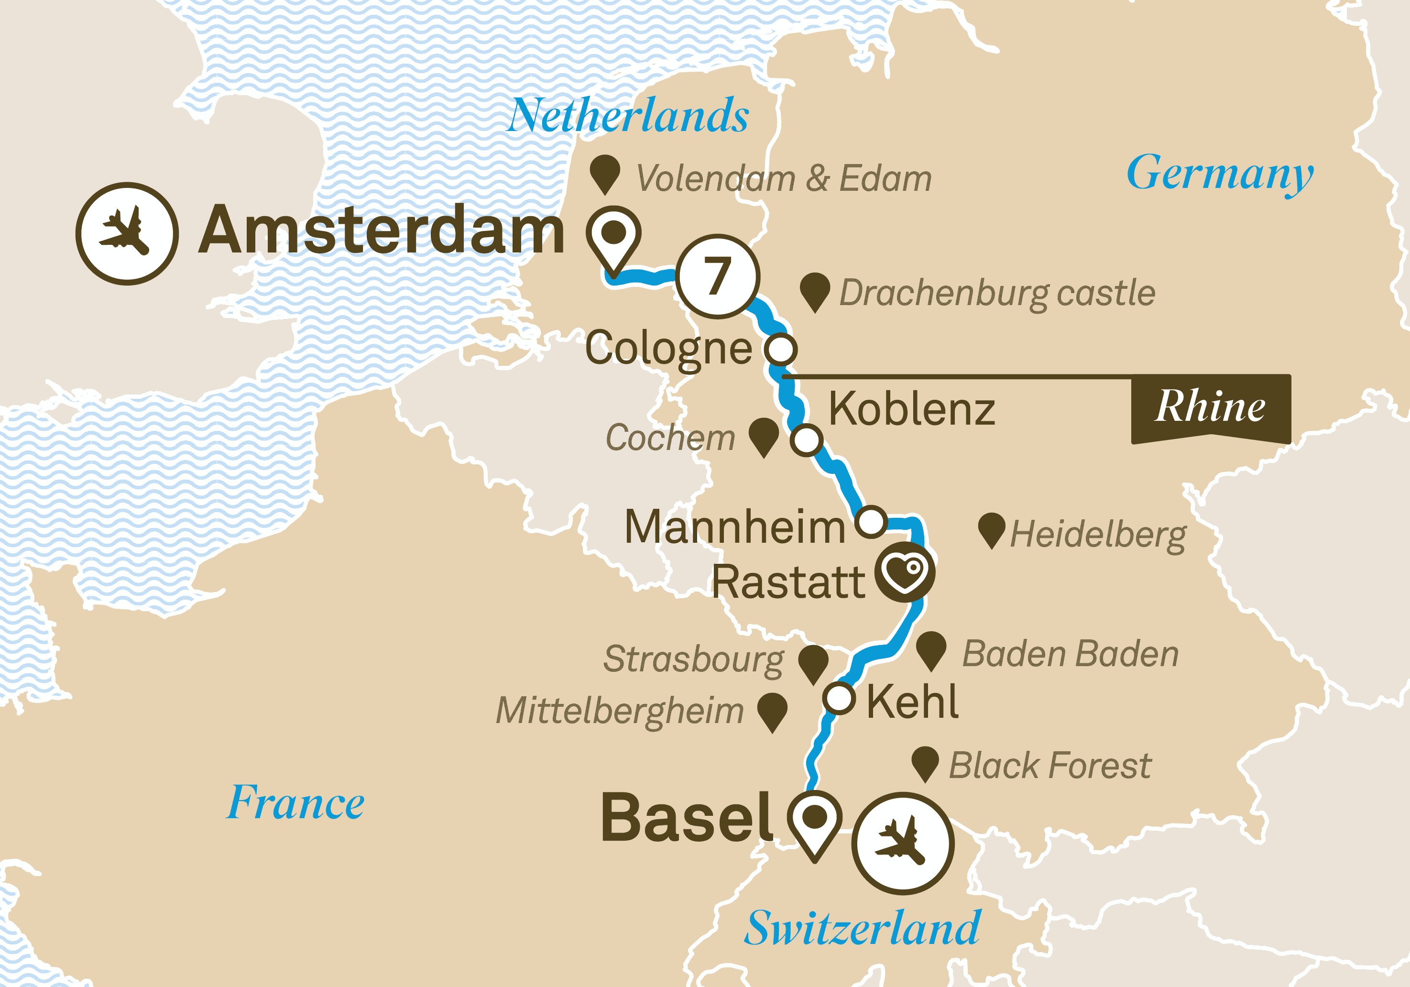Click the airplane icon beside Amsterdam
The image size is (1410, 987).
(x=127, y=233)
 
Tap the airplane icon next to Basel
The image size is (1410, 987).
(x=902, y=843)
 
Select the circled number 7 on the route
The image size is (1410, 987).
(x=717, y=276)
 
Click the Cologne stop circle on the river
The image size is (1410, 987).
(x=780, y=349)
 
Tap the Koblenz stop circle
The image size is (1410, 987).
(x=806, y=440)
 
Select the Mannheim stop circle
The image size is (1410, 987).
(x=872, y=522)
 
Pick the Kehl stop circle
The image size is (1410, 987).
(x=839, y=698)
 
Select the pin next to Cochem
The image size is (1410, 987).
(x=764, y=437)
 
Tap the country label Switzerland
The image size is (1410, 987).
(x=862, y=929)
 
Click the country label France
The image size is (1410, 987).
(x=295, y=803)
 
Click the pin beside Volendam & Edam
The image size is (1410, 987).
(x=605, y=173)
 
